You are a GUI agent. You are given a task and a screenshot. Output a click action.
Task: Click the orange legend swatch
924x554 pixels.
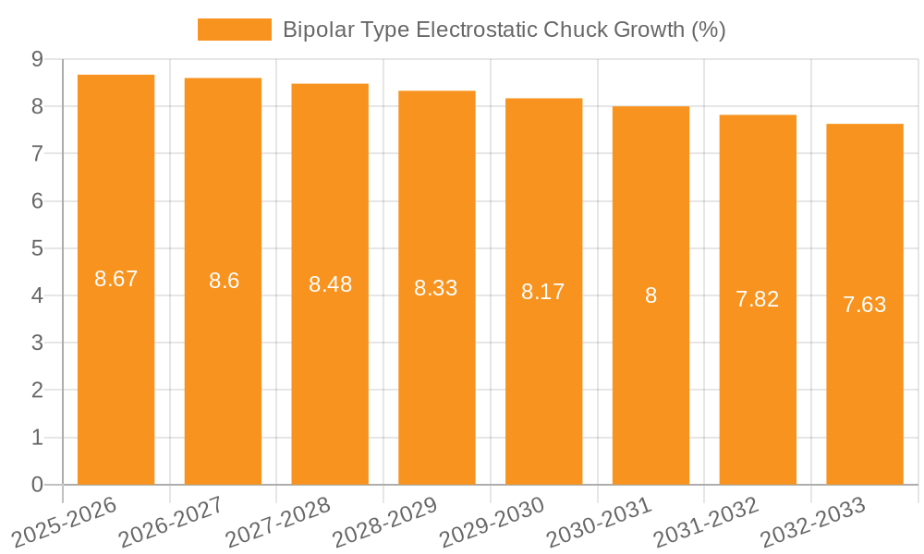[234, 30]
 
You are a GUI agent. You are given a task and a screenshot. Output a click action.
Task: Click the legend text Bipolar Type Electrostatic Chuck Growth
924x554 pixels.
[504, 30]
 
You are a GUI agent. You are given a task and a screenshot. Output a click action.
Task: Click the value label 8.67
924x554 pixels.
[115, 279]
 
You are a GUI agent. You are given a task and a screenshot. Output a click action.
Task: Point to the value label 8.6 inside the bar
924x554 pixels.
[224, 281]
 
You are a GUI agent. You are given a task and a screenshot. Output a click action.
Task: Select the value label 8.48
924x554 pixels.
[330, 284]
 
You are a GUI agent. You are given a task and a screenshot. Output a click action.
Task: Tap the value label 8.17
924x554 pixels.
[543, 292]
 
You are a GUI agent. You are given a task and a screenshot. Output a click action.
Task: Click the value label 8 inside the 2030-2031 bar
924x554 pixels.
[650, 295]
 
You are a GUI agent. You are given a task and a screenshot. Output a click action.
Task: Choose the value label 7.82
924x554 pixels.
[758, 299]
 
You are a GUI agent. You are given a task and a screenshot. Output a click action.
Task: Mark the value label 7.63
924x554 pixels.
[865, 305]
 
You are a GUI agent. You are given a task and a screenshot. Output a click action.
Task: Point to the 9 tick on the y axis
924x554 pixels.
[37, 59]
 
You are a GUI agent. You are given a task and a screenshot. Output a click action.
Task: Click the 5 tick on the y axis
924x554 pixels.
[37, 248]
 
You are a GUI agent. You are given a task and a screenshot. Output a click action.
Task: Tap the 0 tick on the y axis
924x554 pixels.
[37, 485]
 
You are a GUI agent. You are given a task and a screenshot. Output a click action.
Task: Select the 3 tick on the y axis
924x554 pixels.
[37, 343]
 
